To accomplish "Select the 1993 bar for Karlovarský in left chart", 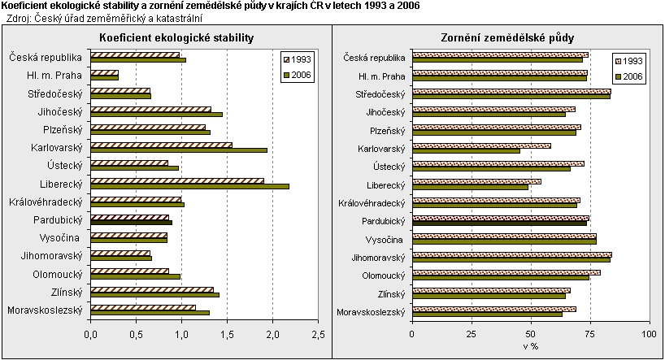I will (161, 145).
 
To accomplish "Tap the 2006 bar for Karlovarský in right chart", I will (466, 150).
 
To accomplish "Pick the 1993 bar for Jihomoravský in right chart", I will (512, 254).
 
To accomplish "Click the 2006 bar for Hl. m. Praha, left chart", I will (104, 78).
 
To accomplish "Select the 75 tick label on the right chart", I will (590, 333).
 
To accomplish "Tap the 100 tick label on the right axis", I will (649, 333).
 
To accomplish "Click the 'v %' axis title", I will (531, 347).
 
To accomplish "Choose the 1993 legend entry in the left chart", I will (300, 60).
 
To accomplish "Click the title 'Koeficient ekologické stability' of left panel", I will (176, 38).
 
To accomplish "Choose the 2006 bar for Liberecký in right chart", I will (470, 186).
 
